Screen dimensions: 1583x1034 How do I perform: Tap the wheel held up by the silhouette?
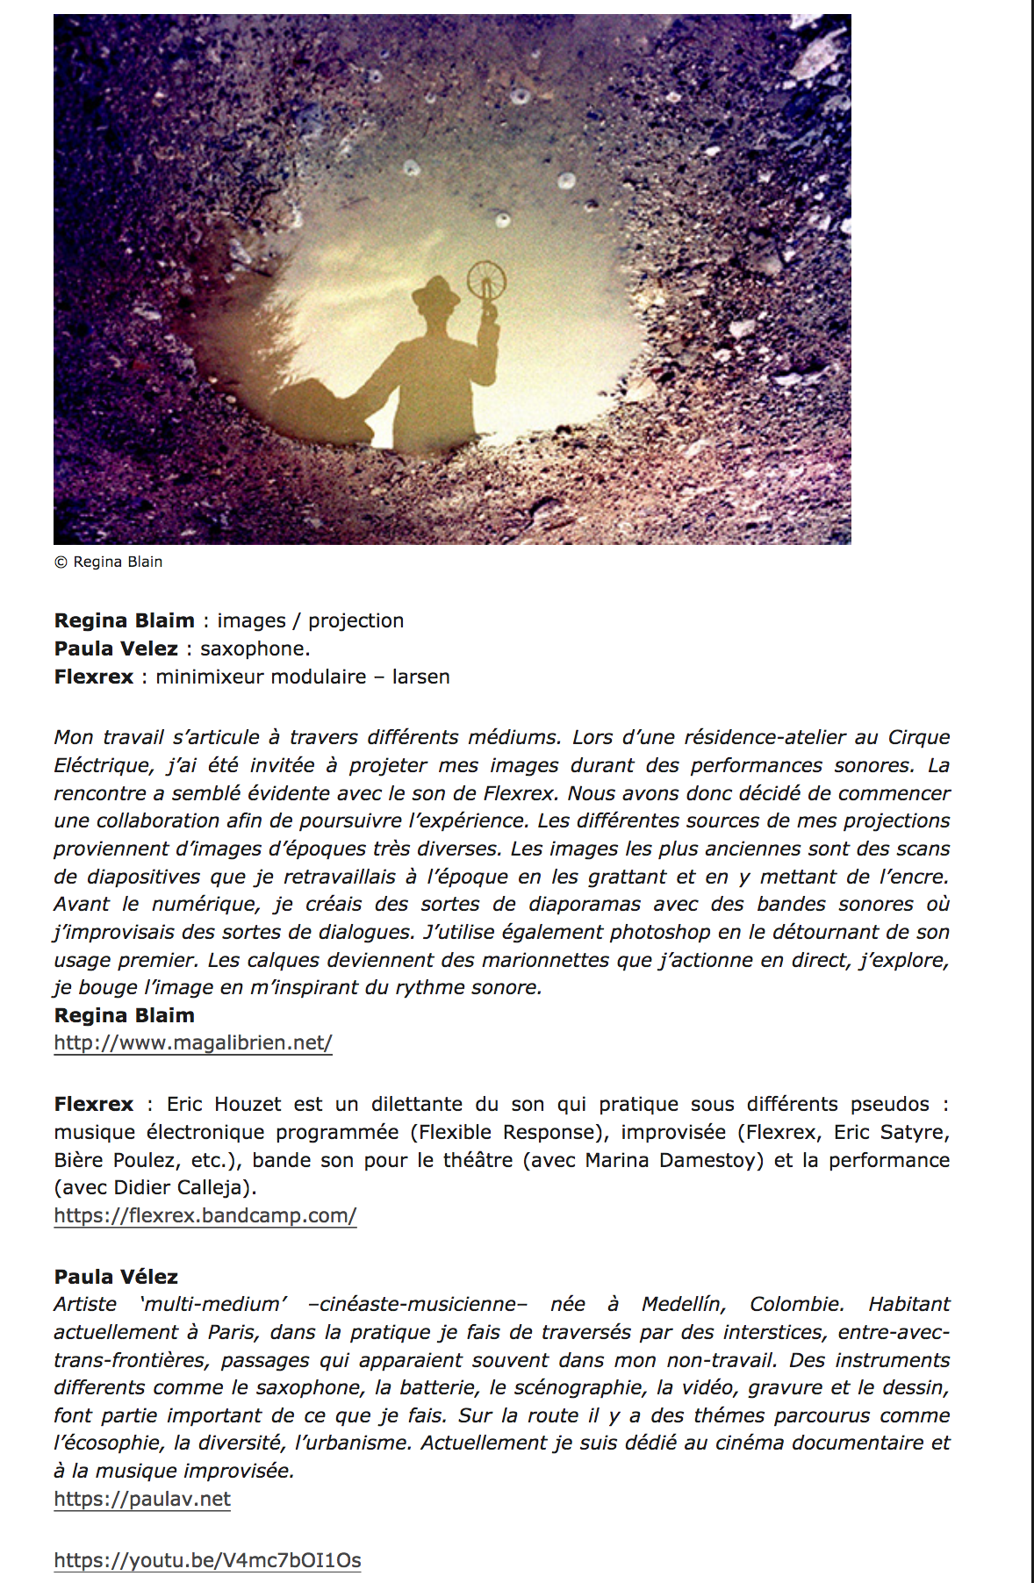[x=485, y=281]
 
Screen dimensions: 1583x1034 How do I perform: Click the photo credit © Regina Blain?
[x=109, y=562]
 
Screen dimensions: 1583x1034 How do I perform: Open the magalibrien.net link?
[x=193, y=1042]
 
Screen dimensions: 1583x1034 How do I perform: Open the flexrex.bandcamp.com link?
[x=205, y=1215]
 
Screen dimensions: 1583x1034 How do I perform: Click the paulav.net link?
[x=142, y=1499]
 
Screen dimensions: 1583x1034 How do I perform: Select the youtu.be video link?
[x=207, y=1560]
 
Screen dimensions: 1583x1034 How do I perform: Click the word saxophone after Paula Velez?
[x=254, y=648]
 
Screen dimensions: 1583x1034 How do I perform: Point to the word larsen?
[x=421, y=677]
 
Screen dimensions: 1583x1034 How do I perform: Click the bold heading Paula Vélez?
[x=116, y=1277]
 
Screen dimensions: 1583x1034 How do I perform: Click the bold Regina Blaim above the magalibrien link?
[x=125, y=1015]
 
